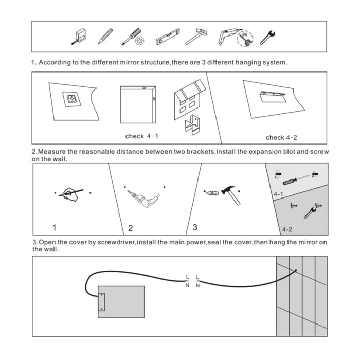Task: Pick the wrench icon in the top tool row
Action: pos(266,36)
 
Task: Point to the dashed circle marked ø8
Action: pos(245,38)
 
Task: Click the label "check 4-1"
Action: pos(142,136)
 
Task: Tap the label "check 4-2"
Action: pos(282,137)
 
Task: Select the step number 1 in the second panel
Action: pos(55,227)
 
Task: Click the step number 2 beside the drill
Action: pos(130,227)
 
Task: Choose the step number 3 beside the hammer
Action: pos(195,226)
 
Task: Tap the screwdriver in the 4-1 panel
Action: pos(296,180)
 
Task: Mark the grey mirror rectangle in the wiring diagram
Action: pos(121,301)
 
